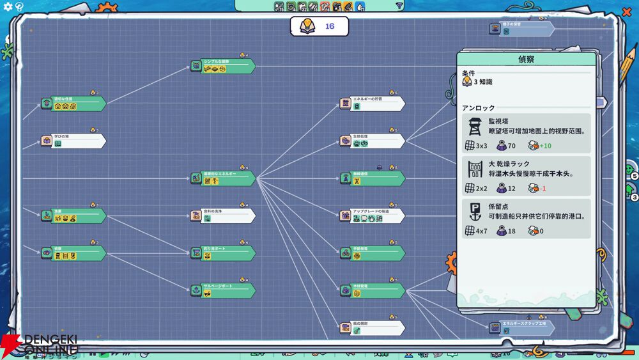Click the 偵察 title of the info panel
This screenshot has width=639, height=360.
point(527,59)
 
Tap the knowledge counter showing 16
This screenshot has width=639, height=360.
point(319,26)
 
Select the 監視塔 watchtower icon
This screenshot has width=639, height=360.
point(475,126)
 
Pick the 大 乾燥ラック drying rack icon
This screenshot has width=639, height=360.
point(475,169)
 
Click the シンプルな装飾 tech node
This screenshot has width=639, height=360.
point(223,66)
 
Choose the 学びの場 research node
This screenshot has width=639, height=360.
point(73,141)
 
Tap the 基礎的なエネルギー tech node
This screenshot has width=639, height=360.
point(223,178)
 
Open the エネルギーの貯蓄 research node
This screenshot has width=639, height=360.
point(373,104)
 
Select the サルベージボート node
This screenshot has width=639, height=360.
point(223,290)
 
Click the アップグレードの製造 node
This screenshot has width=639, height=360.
point(373,216)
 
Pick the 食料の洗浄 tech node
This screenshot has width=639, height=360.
point(223,215)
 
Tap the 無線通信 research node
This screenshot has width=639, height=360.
point(373,178)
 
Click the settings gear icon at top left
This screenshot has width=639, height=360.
point(8,6)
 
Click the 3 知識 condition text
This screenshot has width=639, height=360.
point(482,82)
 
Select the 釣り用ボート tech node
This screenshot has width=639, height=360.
point(223,253)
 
